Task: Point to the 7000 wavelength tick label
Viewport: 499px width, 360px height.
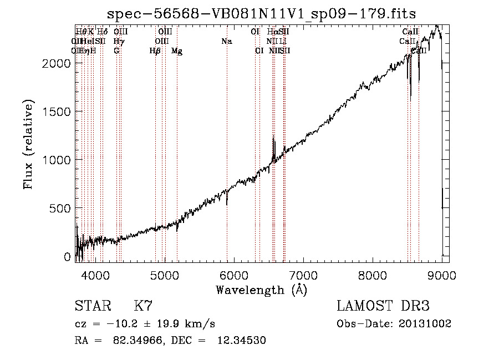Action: [303, 276]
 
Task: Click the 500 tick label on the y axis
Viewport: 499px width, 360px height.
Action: [60, 208]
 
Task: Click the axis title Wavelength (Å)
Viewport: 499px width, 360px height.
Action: [261, 290]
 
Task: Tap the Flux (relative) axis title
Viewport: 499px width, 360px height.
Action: [29, 145]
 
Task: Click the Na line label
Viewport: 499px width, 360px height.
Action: [226, 42]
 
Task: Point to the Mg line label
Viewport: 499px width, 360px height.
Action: [177, 51]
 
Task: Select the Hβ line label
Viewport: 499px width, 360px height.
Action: [155, 51]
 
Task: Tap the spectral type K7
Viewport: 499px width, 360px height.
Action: [143, 306]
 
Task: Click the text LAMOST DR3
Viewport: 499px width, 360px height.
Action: [383, 306]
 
